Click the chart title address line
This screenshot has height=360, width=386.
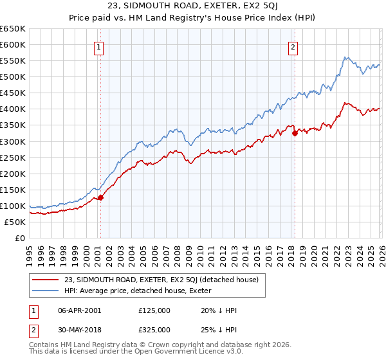pyautogui.click(x=193, y=7)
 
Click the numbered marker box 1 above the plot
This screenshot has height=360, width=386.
pyautogui.click(x=99, y=46)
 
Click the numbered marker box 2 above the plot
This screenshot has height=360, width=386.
pyautogui.click(x=293, y=46)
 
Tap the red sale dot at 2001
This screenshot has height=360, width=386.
pyautogui.click(x=100, y=198)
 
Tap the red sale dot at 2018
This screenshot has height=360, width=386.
pyautogui.click(x=295, y=133)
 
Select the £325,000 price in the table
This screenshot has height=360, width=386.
pyautogui.click(x=154, y=329)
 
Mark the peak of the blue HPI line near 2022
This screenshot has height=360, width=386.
pyautogui.click(x=345, y=57)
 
